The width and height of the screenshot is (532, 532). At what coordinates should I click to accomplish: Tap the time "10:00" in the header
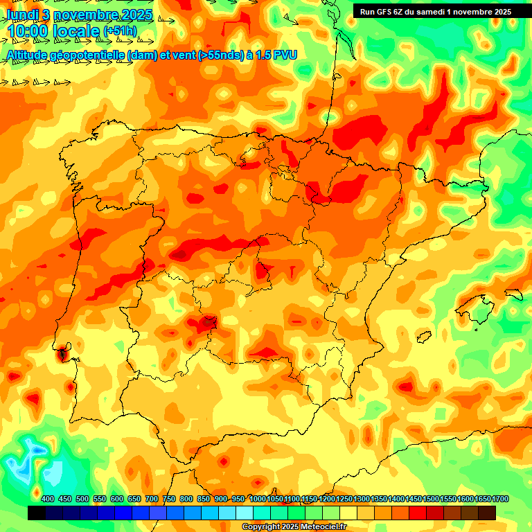pos(28,32)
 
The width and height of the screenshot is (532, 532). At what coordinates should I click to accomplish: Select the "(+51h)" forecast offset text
pos(120,32)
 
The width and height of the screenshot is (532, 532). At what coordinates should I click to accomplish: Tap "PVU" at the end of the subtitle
pos(284,55)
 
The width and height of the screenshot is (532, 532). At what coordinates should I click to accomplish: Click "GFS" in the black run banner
pos(386,12)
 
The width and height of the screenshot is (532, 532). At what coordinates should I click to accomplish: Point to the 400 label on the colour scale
pos(48,499)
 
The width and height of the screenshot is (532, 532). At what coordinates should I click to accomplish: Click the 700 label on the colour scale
pos(152,499)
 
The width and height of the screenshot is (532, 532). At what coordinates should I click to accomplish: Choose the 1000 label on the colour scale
pos(257,499)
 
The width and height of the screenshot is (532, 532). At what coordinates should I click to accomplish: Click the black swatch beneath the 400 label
pos(37,513)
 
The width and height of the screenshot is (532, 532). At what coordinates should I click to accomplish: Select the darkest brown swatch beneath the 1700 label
pos(487,513)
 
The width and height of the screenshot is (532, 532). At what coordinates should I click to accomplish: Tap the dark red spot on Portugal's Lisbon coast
pos(63,354)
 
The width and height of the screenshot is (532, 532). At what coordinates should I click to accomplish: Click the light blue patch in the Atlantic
pos(26,463)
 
